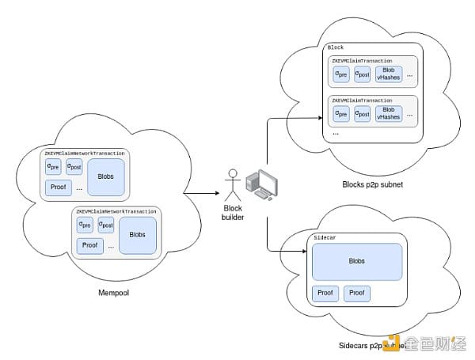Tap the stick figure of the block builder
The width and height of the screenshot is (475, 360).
[234, 184]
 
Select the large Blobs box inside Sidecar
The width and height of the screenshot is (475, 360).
[357, 260]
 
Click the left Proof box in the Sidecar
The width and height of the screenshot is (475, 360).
[325, 294]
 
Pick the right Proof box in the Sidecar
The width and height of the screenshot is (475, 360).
[357, 294]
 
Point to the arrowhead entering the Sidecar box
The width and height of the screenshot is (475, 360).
[303, 252]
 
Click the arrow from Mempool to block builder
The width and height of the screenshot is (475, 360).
[193, 192]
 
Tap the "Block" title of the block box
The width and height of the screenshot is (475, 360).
[336, 48]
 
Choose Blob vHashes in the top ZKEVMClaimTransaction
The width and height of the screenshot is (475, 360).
[389, 74]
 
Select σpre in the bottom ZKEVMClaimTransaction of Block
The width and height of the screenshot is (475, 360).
[341, 114]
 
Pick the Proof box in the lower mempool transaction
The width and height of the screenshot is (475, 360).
[90, 244]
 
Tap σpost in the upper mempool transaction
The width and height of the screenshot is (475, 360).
[74, 166]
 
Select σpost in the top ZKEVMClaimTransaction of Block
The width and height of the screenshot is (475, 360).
[363, 74]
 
